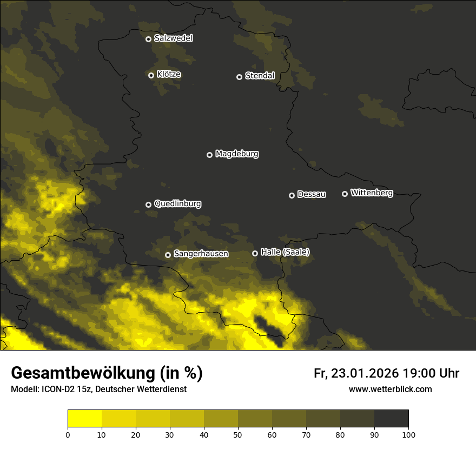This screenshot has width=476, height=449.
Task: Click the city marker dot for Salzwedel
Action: coord(148,39)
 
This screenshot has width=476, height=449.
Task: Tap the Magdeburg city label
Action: coord(237,154)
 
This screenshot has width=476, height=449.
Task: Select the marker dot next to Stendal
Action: coord(239,77)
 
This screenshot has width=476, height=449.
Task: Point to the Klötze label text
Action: coord(169,75)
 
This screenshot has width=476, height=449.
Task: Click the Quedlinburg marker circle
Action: coord(148,204)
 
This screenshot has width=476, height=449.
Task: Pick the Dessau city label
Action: coord(312,195)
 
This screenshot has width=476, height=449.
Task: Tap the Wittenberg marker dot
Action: coord(345,194)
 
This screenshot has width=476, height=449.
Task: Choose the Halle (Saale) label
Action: coord(285,252)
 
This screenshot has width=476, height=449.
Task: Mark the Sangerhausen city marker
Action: coord(168,255)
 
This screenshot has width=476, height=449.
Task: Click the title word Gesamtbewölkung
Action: coord(82,373)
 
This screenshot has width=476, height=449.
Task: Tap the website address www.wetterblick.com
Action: coord(390,389)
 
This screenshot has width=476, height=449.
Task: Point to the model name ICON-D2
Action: coord(56,389)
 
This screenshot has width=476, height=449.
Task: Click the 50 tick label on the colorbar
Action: coord(238,434)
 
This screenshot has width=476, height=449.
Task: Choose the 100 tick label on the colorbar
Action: coord(408,434)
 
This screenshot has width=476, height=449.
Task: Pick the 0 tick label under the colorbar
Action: coord(68,434)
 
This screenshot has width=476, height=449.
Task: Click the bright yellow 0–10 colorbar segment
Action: coord(84,419)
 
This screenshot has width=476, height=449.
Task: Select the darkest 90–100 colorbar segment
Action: coord(391,419)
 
